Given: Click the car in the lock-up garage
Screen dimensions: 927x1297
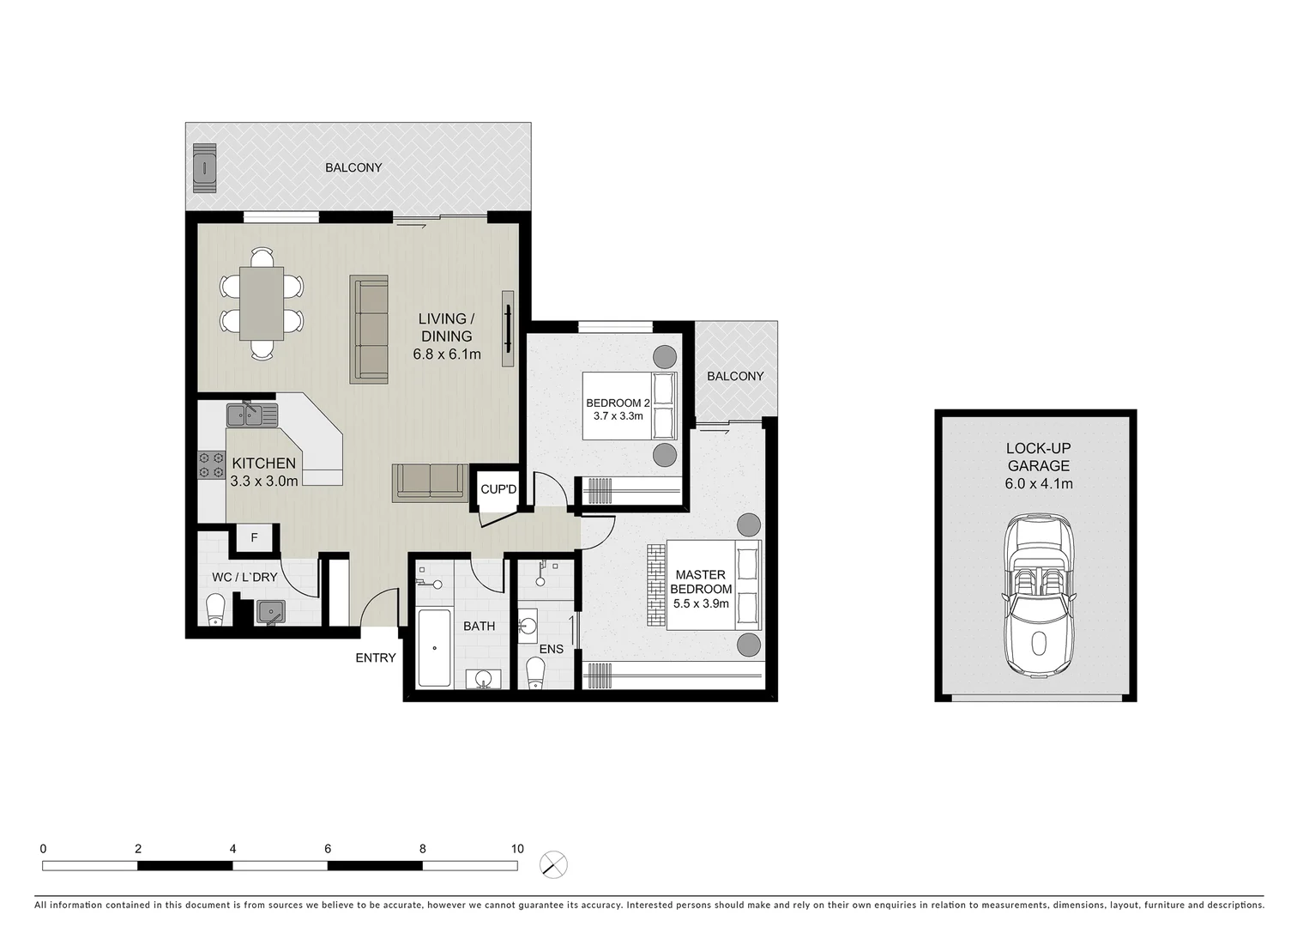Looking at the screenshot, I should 1039,595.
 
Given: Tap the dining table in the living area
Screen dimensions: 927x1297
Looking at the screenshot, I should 261,303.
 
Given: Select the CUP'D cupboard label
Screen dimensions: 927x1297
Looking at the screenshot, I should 498,489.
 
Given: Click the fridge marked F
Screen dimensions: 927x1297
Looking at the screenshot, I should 254,538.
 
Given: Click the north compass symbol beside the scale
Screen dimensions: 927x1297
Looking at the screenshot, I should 554,863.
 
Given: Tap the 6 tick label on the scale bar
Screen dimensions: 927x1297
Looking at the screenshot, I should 328,848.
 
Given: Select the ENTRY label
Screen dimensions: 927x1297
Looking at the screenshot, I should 376,657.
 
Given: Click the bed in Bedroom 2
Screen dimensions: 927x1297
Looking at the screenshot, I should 630,405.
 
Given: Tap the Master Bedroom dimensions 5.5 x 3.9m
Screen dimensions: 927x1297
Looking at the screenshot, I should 701,603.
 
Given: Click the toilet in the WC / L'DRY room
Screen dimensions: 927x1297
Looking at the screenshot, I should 215,610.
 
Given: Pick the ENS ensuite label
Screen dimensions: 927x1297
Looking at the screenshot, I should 551,649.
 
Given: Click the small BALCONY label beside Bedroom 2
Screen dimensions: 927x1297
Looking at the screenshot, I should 735,376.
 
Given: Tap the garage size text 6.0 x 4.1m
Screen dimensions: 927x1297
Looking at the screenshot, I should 1038,483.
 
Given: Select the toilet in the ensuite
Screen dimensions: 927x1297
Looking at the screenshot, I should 534,674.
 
